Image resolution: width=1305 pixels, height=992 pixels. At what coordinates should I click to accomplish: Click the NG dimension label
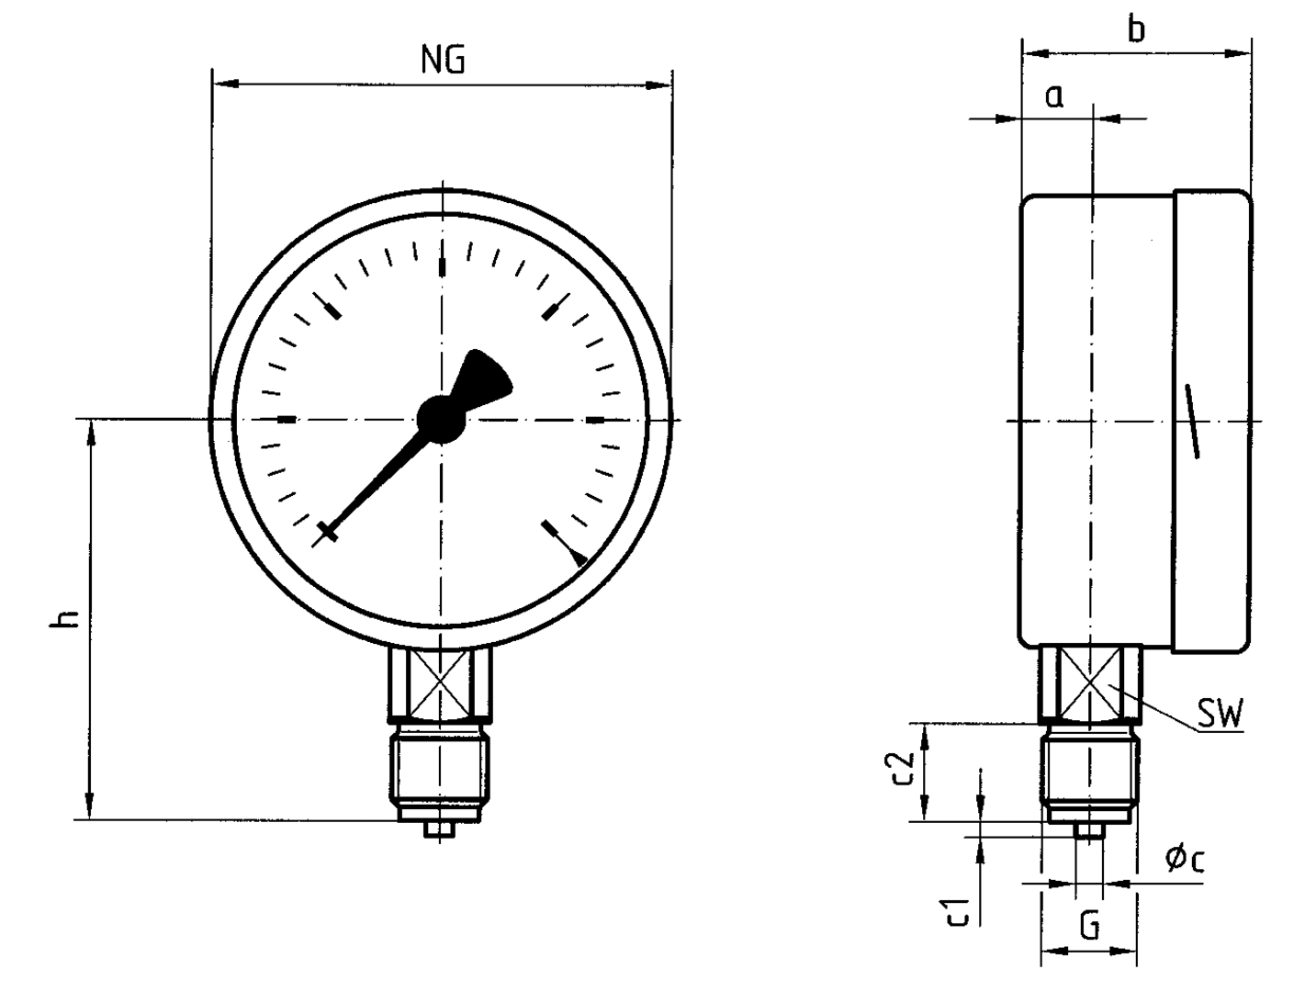[x=443, y=60]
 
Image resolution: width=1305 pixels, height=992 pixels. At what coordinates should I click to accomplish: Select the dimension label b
[x=1136, y=29]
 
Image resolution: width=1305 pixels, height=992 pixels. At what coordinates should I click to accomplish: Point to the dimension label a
[x=1054, y=96]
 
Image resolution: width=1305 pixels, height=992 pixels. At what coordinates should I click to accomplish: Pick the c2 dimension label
[x=904, y=770]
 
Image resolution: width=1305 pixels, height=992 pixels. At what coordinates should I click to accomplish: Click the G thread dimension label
[x=1089, y=926]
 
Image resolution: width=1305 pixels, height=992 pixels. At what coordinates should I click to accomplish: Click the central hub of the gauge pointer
[x=442, y=418]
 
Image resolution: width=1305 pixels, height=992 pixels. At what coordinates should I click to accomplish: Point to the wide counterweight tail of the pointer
[x=484, y=377]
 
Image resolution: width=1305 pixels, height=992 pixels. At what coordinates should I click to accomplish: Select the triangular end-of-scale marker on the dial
[x=578, y=557]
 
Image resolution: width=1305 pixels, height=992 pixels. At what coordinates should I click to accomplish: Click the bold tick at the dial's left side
[x=287, y=420]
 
